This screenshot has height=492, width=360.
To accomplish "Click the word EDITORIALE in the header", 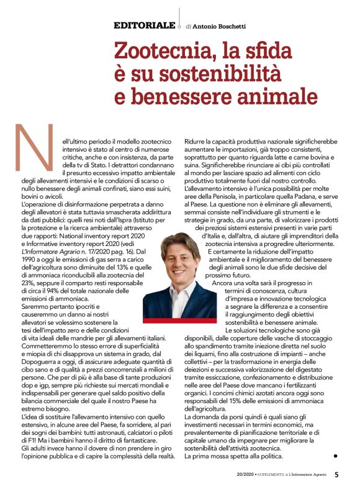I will click(x=145, y=25).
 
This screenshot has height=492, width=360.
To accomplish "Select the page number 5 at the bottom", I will click(x=336, y=475).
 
